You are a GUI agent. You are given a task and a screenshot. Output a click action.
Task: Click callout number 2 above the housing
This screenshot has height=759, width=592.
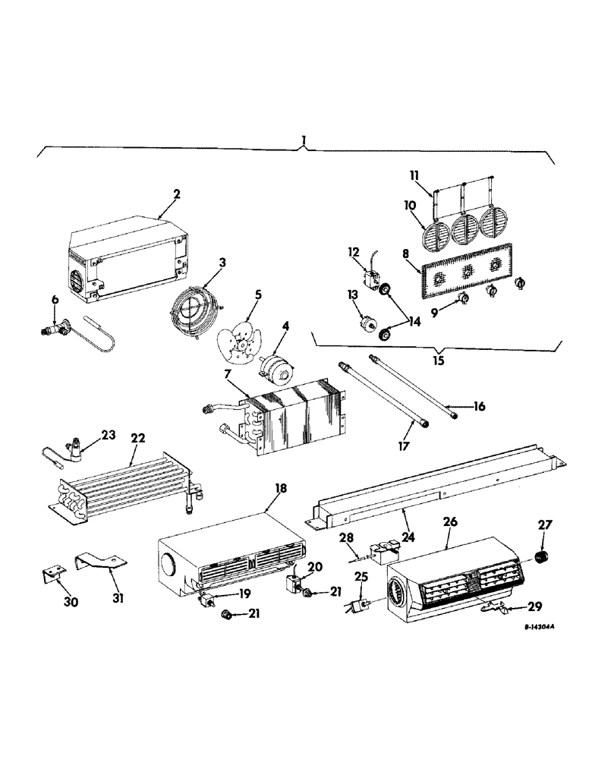[176, 194]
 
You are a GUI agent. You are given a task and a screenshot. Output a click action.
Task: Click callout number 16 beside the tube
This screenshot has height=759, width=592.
[479, 407]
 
